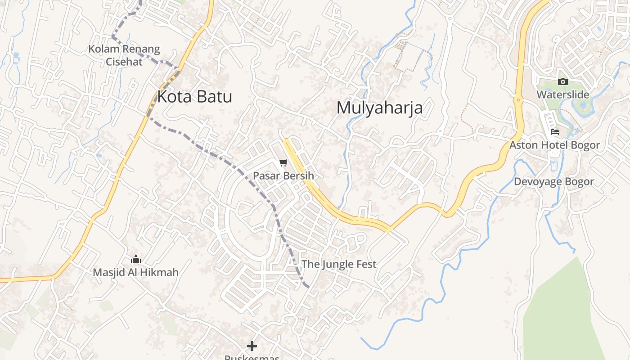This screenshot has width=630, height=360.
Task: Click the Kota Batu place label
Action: [194, 97]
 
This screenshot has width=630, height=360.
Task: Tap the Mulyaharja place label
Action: [379, 108]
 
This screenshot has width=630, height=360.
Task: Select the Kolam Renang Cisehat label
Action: [124, 55]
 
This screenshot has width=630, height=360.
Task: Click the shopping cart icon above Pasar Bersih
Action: [283, 163]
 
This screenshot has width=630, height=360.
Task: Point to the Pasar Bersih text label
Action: [283, 175]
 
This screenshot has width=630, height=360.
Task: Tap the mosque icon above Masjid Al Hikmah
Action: [135, 260]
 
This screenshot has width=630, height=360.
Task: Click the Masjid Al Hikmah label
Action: [135, 272]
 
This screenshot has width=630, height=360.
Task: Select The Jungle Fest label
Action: [338, 264]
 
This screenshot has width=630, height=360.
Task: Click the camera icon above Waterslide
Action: [562, 81]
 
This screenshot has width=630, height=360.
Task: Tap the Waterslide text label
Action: [562, 94]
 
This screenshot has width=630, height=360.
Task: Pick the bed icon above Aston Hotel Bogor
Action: [554, 132]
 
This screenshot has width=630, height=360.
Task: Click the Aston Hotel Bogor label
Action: [554, 145]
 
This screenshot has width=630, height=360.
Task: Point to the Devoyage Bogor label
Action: [554, 182]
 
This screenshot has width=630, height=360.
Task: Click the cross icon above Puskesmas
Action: [252, 346]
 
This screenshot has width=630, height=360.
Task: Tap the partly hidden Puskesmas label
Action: [252, 357]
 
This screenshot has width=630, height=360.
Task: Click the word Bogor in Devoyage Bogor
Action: [580, 182]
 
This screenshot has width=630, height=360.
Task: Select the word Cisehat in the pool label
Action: [124, 62]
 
